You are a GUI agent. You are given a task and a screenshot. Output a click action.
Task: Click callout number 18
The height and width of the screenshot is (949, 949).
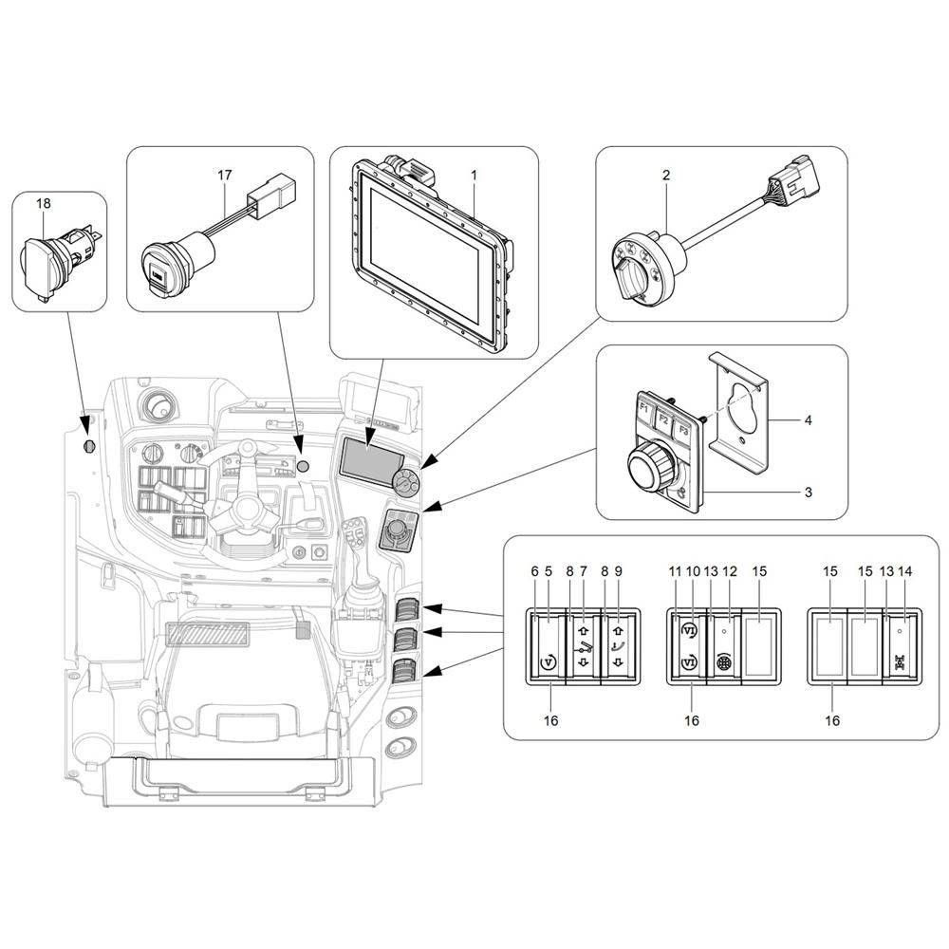click(44, 203)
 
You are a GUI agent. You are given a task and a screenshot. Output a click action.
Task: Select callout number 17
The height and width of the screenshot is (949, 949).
click(225, 175)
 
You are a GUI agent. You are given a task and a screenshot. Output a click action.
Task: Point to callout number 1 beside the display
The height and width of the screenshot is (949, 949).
click(474, 175)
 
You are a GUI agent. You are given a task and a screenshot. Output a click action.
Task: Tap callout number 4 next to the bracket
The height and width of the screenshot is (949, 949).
click(808, 419)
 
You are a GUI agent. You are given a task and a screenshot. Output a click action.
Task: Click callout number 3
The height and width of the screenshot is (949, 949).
click(808, 492)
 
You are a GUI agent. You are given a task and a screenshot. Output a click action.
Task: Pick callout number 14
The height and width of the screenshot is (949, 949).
click(904, 570)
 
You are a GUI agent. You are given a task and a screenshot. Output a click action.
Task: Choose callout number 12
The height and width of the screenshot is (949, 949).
click(730, 570)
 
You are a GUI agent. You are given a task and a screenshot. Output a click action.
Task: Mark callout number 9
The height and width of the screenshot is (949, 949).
click(618, 570)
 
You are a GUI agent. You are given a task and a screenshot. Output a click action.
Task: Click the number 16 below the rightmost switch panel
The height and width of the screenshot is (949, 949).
click(832, 720)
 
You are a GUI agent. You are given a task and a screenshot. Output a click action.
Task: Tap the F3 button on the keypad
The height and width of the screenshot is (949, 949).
click(683, 431)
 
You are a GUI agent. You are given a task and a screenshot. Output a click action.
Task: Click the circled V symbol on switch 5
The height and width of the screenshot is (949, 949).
click(549, 661)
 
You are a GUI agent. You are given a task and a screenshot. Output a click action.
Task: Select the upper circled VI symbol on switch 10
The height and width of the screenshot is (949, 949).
click(689, 630)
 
